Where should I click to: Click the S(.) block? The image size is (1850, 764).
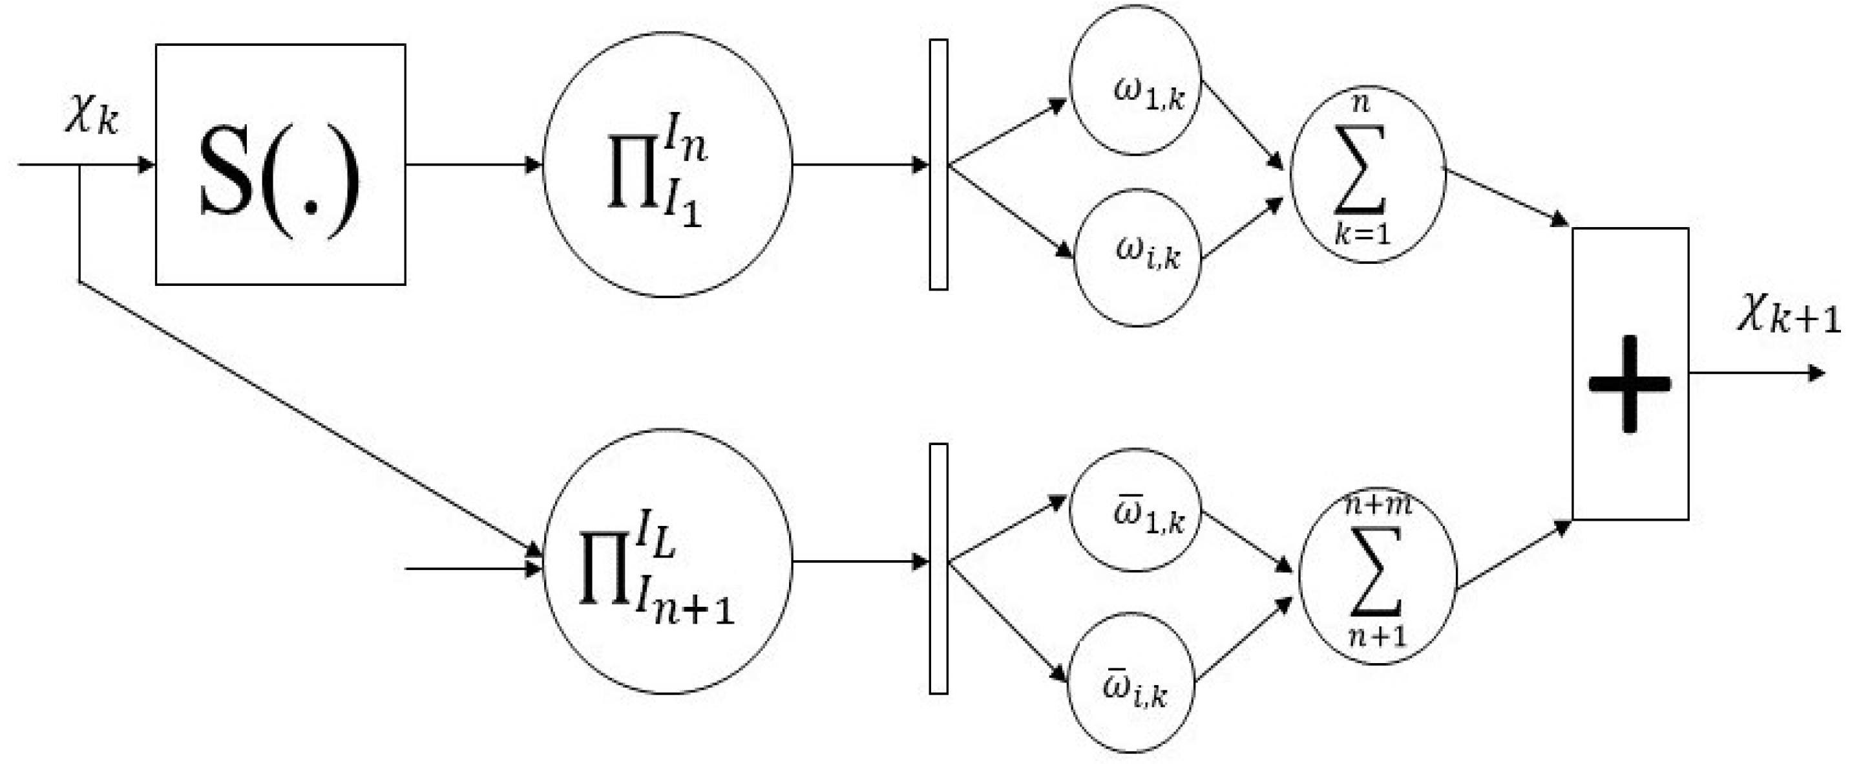[x=280, y=164]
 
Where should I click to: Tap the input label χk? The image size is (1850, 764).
[x=91, y=116]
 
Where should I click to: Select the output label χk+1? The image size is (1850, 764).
[x=1787, y=316]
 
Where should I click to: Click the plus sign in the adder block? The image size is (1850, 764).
[x=1630, y=384]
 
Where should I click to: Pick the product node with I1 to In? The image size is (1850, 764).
[x=667, y=164]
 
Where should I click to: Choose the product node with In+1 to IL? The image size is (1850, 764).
[x=667, y=562]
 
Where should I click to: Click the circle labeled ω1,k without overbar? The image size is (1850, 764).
[x=1135, y=80]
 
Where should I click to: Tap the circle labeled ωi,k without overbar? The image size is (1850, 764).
[x=1137, y=257]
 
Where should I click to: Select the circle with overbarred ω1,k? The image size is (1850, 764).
[x=1135, y=510]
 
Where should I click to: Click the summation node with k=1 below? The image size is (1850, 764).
[x=1367, y=175]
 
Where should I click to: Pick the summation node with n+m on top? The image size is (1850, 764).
[x=1378, y=577]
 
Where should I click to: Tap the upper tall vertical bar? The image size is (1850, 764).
[x=938, y=164]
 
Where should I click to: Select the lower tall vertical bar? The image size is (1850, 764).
[x=938, y=569]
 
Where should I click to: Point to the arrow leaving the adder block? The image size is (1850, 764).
[x=1756, y=373]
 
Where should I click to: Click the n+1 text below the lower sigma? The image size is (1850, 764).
[x=1377, y=636]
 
